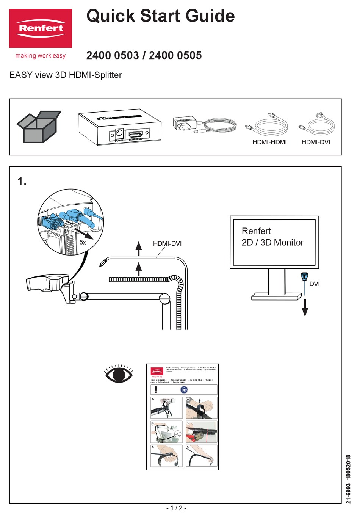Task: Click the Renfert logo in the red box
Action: click(x=41, y=28)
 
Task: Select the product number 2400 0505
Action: click(x=175, y=55)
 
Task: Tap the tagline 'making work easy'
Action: click(x=41, y=56)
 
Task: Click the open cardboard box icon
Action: click(x=38, y=127)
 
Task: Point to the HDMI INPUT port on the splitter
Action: click(x=135, y=134)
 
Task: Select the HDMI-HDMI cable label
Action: click(x=269, y=142)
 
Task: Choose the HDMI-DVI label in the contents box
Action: click(x=316, y=142)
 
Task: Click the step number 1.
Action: click(x=22, y=182)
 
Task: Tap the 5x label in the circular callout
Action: click(x=83, y=242)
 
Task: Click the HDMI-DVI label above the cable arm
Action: click(x=167, y=243)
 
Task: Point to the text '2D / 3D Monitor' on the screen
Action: click(x=272, y=243)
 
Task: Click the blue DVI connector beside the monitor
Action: click(x=304, y=278)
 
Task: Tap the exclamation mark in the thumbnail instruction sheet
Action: click(x=156, y=389)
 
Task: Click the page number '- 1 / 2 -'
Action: click(x=176, y=508)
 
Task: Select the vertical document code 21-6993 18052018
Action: click(x=348, y=479)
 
